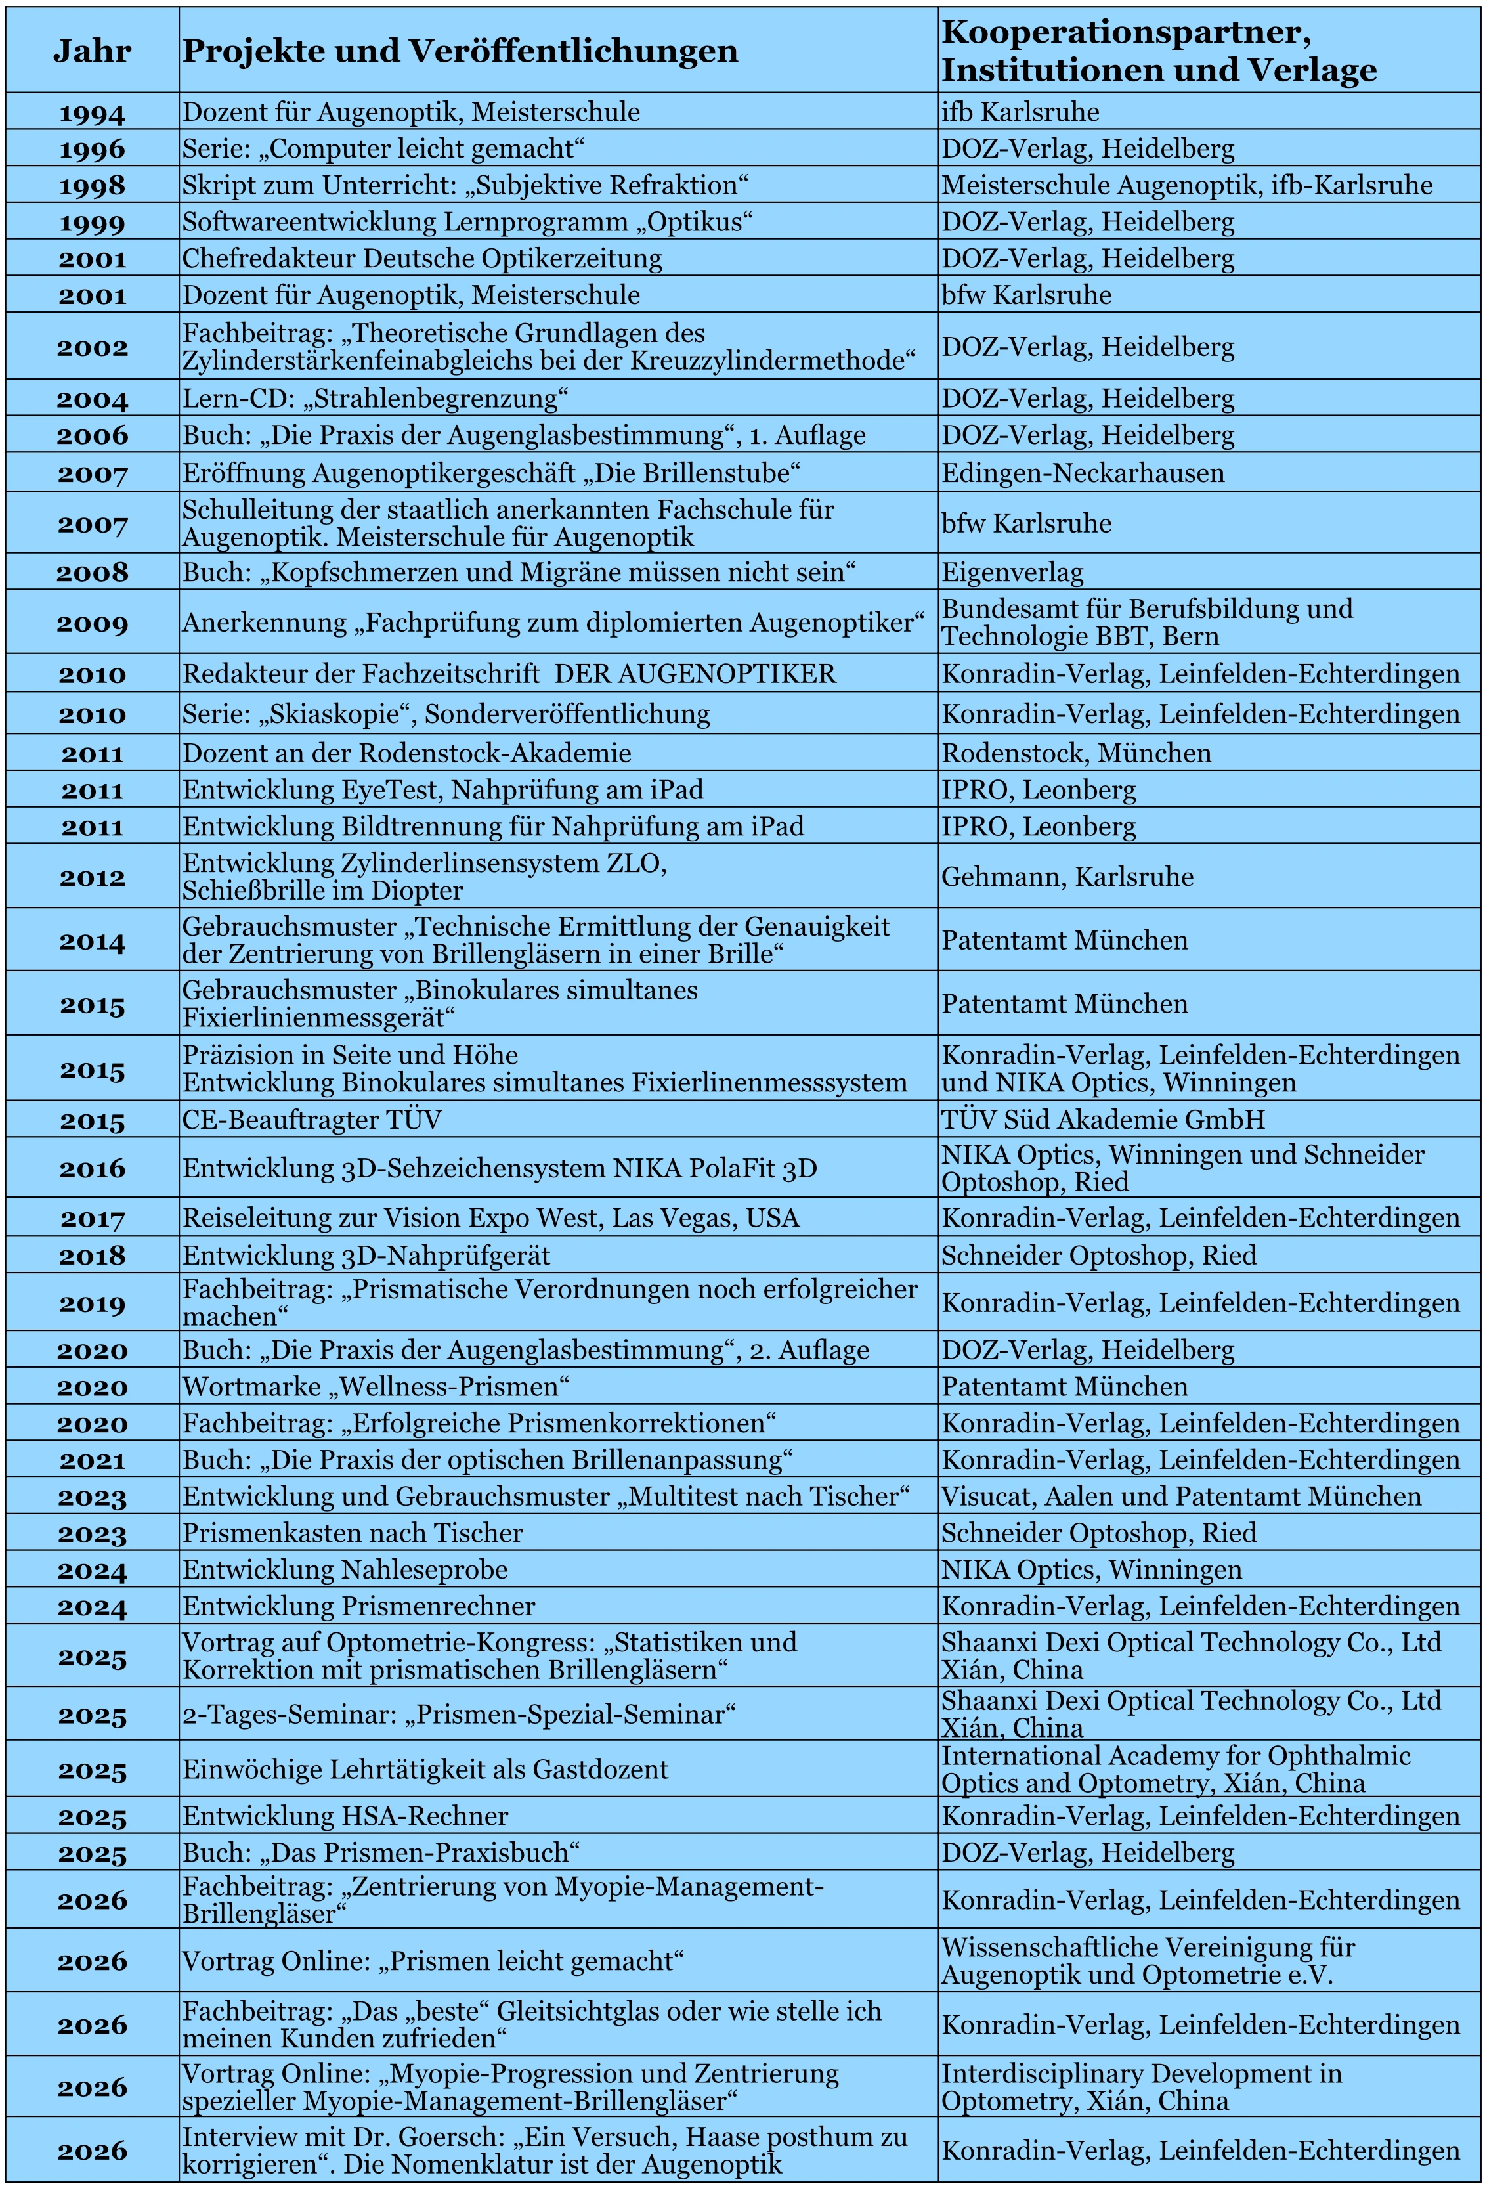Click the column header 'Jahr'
tap(91, 51)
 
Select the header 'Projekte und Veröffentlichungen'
tap(460, 51)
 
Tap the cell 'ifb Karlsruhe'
tap(1020, 112)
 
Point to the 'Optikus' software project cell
tap(467, 222)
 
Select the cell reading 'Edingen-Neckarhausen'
tap(1083, 472)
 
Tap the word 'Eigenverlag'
tap(1013, 572)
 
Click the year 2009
tap(91, 623)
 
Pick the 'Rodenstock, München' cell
tap(1076, 753)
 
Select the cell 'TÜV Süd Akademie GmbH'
tap(1103, 1120)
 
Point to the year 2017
tap(91, 1219)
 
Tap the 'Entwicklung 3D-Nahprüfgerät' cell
tap(366, 1256)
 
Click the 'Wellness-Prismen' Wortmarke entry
tap(376, 1386)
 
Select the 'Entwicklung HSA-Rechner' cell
tap(345, 1816)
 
